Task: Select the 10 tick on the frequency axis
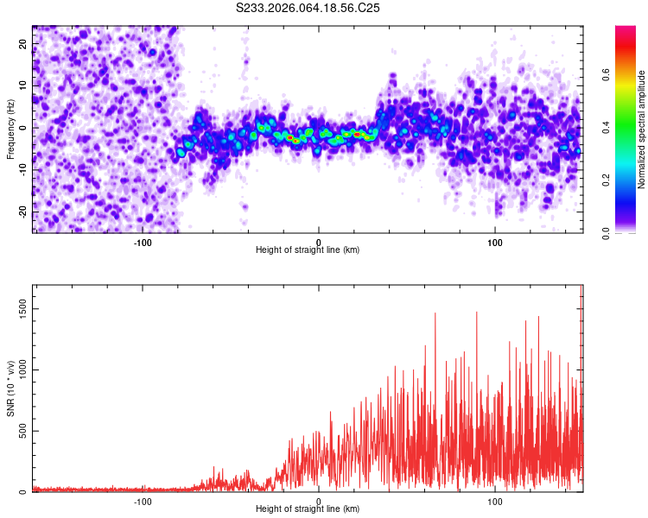tap(23, 85)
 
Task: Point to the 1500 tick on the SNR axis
tap(17, 308)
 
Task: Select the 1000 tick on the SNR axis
tap(17, 370)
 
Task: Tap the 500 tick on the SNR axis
tap(20, 431)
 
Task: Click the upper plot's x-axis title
tap(308, 250)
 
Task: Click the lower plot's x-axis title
tap(308, 509)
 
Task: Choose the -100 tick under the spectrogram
tap(143, 242)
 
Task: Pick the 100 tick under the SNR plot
tap(495, 501)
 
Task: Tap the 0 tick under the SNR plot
tap(319, 501)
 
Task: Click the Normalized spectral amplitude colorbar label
tap(641, 129)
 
